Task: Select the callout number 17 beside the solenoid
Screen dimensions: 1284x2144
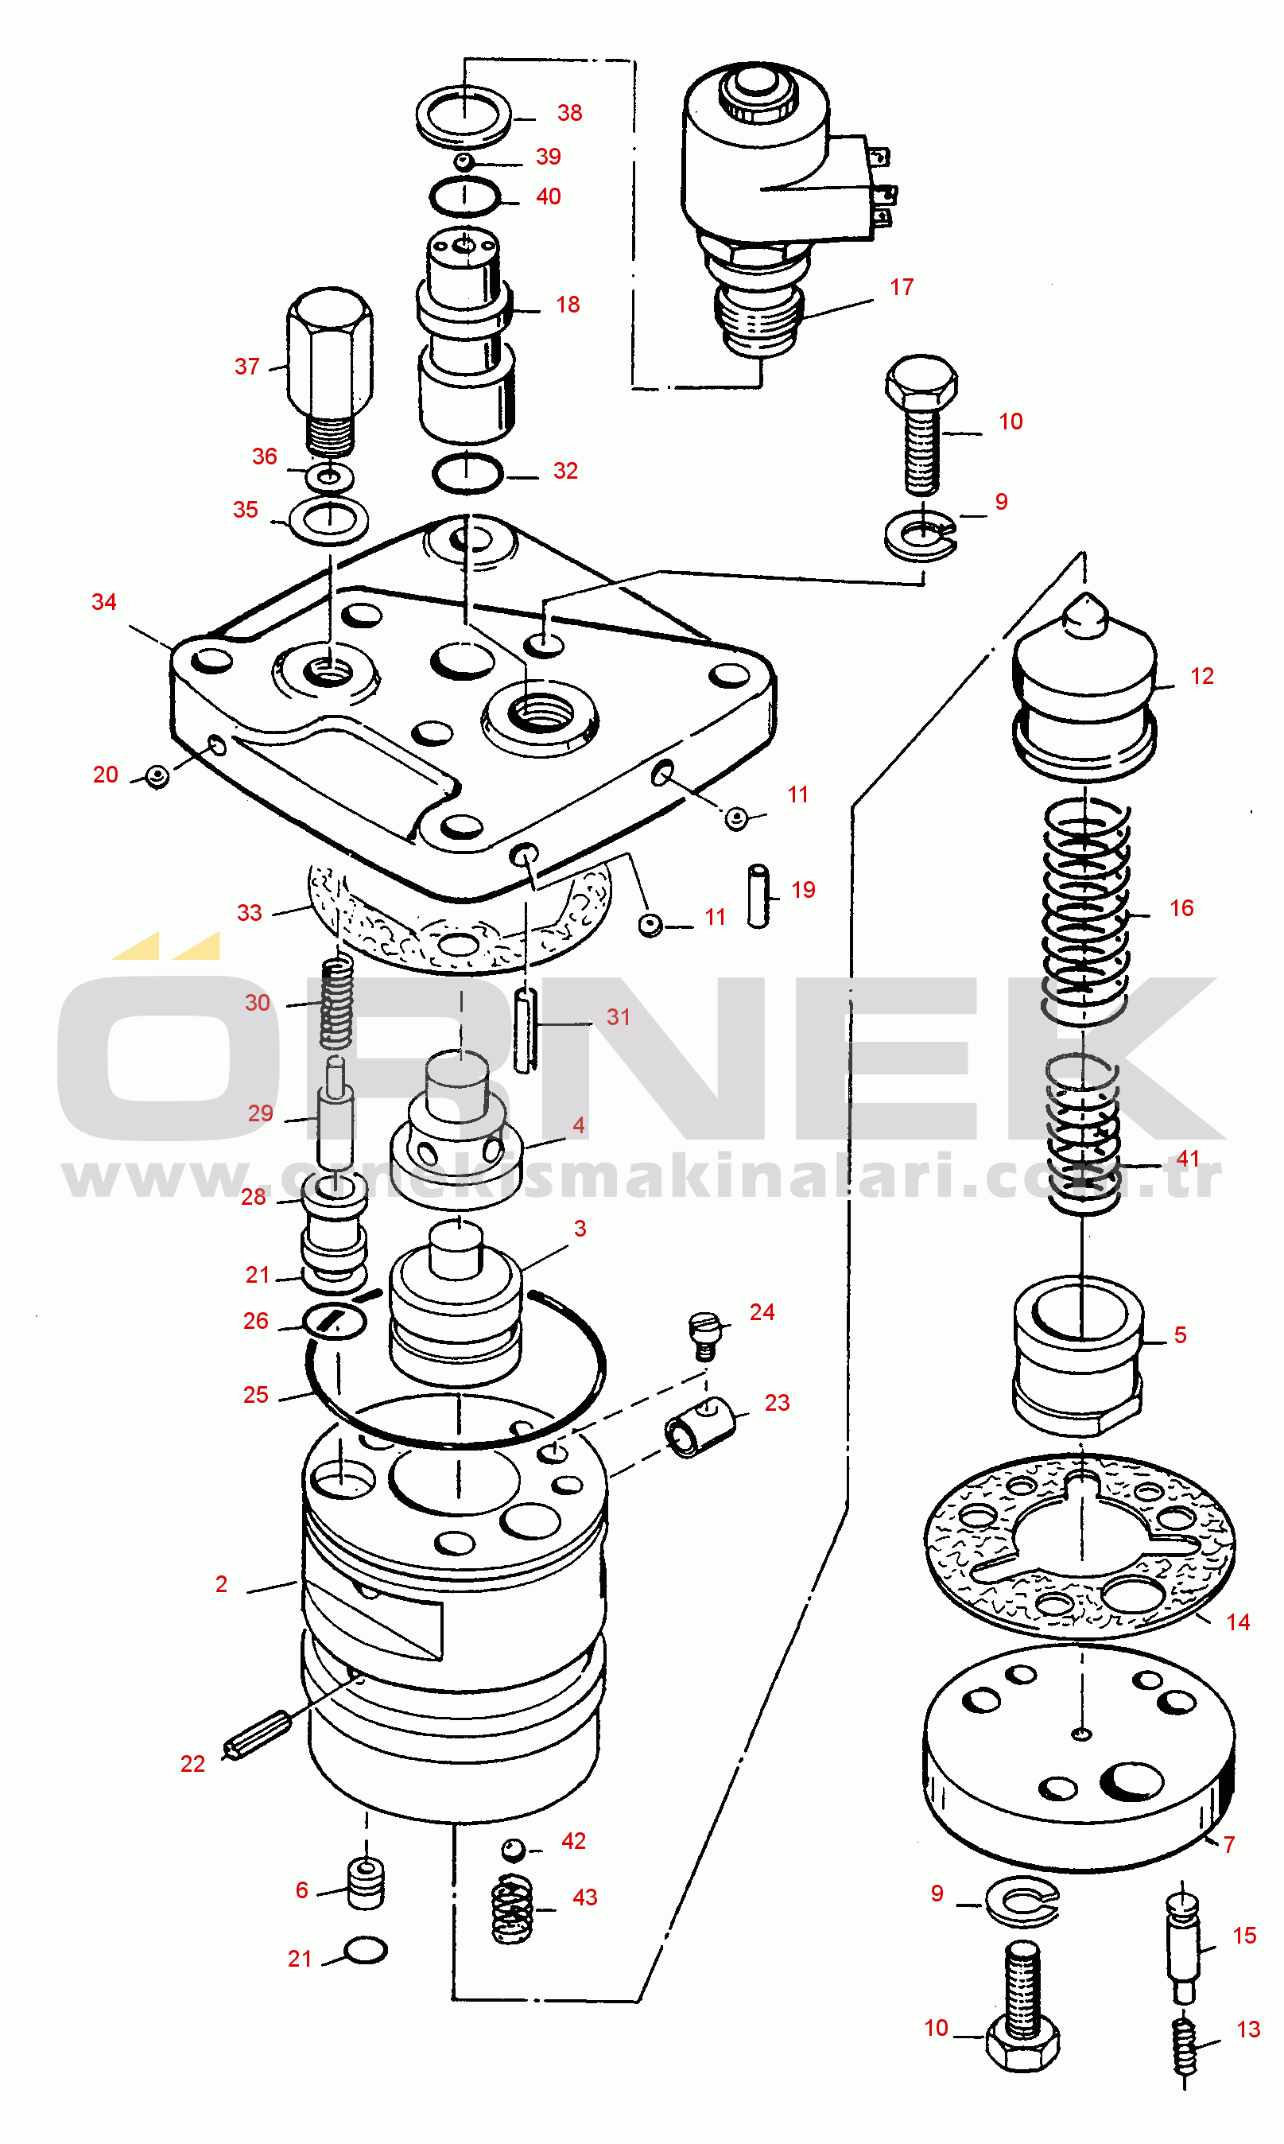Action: (902, 287)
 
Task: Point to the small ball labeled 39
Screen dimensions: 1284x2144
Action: (463, 161)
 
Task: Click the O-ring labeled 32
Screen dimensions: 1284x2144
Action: (467, 473)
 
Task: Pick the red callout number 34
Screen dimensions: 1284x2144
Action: (104, 602)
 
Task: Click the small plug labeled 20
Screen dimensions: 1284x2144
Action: (157, 776)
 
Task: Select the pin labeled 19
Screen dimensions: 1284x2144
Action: (758, 896)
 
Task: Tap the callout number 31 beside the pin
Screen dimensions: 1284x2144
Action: (619, 1016)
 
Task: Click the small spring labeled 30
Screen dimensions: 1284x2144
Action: (336, 1001)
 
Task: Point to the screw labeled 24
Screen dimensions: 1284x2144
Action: (704, 1335)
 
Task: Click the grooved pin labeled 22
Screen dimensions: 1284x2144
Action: (257, 1734)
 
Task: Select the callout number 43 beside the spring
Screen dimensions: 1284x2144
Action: (585, 1897)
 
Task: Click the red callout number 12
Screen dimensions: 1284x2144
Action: (1202, 676)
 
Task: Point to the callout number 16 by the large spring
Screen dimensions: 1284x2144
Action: (1182, 907)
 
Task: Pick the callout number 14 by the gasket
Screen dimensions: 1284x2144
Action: (1238, 1622)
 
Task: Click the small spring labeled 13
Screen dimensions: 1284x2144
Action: (1185, 2047)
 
